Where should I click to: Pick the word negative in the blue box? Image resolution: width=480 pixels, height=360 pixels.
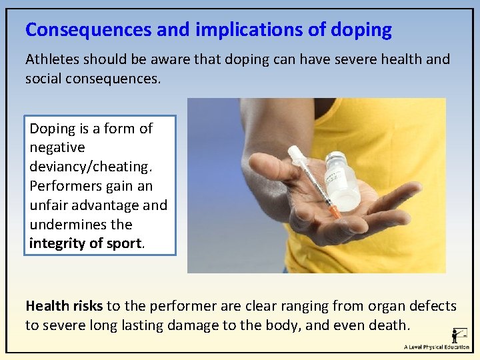click(57, 147)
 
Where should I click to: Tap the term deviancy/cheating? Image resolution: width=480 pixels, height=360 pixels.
click(90, 166)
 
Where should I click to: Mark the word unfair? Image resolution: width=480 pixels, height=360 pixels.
click(50, 205)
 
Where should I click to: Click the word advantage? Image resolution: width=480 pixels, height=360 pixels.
click(107, 205)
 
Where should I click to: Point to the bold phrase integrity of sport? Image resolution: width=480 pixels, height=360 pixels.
click(85, 243)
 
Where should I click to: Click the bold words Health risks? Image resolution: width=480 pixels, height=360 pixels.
click(64, 306)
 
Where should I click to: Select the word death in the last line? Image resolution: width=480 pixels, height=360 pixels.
click(387, 325)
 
